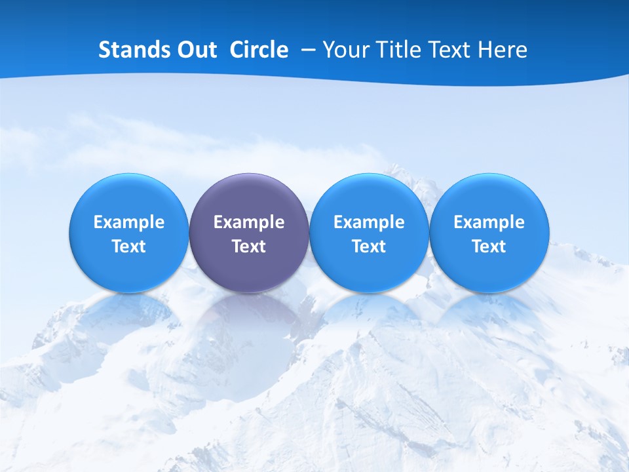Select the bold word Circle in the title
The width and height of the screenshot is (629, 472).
pos(259,50)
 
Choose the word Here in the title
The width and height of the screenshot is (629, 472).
pos(504,50)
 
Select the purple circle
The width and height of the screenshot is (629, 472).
pos(249,233)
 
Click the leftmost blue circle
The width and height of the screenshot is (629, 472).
pos(129,233)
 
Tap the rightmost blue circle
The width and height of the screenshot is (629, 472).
pos(489,233)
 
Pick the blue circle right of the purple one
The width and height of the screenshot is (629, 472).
pos(369,233)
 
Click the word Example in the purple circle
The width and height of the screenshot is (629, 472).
pos(249,222)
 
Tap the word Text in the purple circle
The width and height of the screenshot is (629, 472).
pos(249,246)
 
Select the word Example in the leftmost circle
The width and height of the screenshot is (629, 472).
pos(129,222)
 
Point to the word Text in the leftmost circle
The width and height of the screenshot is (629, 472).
pos(129,246)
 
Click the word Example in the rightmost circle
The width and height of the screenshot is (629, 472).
pos(489,222)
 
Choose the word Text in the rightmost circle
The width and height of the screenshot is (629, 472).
pos(489,246)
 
